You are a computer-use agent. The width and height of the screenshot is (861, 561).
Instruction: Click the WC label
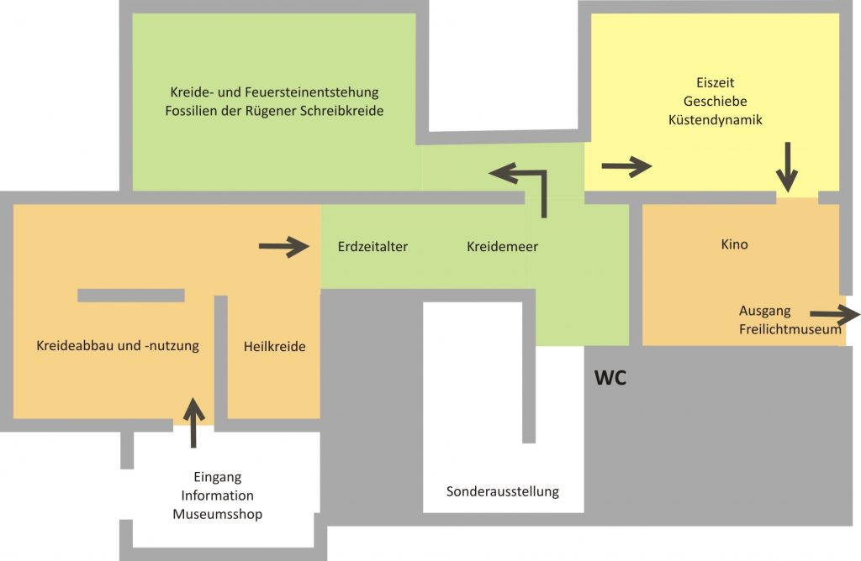pyautogui.click(x=610, y=378)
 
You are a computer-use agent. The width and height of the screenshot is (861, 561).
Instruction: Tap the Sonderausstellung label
pyautogui.click(x=502, y=491)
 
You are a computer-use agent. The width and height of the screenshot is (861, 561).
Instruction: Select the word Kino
pyautogui.click(x=734, y=245)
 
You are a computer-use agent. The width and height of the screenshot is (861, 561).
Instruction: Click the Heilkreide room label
pyautogui.click(x=274, y=345)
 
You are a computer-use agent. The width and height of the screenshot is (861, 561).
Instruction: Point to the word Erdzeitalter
pyautogui.click(x=372, y=247)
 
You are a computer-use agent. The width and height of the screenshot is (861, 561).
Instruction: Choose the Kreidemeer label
pyautogui.click(x=502, y=247)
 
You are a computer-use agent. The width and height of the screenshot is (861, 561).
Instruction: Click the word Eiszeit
pyautogui.click(x=715, y=83)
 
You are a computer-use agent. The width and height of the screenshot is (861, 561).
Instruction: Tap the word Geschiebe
pyautogui.click(x=715, y=102)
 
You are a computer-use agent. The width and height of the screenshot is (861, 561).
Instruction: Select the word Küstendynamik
pyautogui.click(x=715, y=120)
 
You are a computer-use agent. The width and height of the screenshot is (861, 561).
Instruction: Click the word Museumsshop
pyautogui.click(x=217, y=514)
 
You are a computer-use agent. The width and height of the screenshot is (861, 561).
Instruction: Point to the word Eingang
pyautogui.click(x=217, y=477)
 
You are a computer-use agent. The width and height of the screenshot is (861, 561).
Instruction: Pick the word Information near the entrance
pyautogui.click(x=217, y=495)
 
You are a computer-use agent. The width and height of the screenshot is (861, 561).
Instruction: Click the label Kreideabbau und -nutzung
pyautogui.click(x=118, y=345)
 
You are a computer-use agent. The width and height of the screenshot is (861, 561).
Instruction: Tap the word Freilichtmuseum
pyautogui.click(x=790, y=329)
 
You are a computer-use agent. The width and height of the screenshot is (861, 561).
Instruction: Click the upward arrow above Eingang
pyautogui.click(x=193, y=422)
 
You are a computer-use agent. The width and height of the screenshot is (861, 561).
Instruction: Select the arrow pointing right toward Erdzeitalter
pyautogui.click(x=283, y=246)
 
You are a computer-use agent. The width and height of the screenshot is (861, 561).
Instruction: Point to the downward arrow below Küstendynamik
pyautogui.click(x=787, y=165)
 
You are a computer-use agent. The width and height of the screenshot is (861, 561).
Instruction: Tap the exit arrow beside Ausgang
pyautogui.click(x=834, y=315)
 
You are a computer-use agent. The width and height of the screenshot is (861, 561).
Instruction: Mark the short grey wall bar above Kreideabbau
pyautogui.click(x=130, y=295)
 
